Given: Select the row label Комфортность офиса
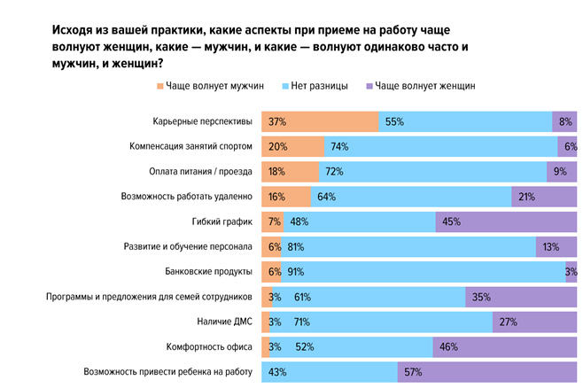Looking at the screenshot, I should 210,347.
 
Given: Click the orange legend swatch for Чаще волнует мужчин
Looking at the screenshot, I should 160,86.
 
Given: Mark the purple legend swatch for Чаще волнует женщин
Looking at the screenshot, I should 369,86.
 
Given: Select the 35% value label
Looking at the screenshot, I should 483,297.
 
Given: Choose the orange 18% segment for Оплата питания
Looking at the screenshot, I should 288,171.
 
